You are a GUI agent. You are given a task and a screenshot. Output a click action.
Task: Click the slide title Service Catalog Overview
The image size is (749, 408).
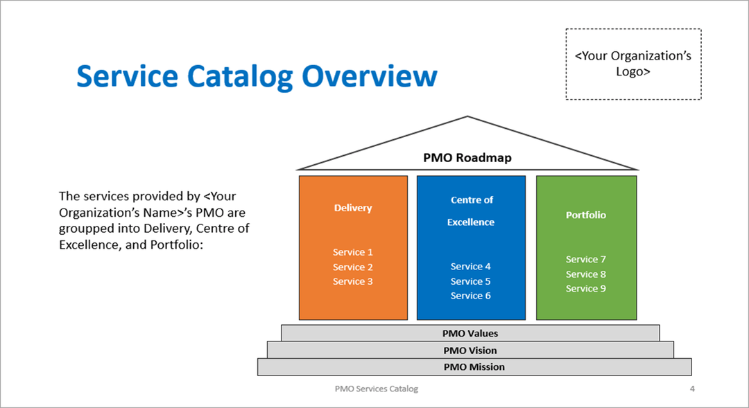tap(257, 76)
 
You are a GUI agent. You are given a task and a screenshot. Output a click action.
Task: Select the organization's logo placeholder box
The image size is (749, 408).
tap(632, 64)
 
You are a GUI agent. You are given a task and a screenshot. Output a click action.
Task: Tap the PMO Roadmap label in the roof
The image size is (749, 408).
tap(467, 158)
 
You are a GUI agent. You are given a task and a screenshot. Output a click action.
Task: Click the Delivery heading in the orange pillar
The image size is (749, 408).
tap(353, 208)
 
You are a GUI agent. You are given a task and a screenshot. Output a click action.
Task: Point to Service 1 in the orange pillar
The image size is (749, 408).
tap(353, 253)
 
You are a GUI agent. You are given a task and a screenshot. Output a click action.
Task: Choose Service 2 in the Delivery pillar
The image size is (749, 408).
tap(353, 267)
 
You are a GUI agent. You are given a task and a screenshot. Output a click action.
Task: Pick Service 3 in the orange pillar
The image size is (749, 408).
tap(353, 281)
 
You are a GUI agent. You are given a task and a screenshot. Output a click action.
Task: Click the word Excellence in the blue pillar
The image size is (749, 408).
tap(471, 222)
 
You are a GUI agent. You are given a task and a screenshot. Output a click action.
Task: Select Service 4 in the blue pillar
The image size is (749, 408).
tap(471, 267)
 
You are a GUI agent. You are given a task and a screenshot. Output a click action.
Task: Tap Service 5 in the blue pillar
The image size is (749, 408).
tap(471, 281)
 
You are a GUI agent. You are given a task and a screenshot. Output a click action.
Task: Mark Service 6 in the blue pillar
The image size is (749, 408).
tap(471, 296)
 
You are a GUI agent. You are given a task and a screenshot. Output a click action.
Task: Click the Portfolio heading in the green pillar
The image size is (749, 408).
tap(586, 215)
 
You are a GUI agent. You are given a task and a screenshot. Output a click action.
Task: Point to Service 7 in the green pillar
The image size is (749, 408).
tap(586, 260)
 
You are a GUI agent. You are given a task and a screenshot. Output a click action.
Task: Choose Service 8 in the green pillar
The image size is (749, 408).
tap(586, 274)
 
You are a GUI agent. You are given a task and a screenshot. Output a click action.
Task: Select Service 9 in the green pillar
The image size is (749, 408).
tap(586, 289)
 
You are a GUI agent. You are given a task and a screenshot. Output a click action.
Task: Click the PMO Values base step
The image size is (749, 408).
tap(470, 333)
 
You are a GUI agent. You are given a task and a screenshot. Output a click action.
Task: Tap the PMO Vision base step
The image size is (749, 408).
tap(470, 351)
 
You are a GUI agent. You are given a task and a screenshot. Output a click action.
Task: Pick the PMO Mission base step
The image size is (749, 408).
tap(474, 367)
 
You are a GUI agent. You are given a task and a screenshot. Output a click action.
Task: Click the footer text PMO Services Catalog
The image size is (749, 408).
tap(377, 389)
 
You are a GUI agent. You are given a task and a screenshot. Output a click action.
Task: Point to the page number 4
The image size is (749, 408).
tap(692, 389)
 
